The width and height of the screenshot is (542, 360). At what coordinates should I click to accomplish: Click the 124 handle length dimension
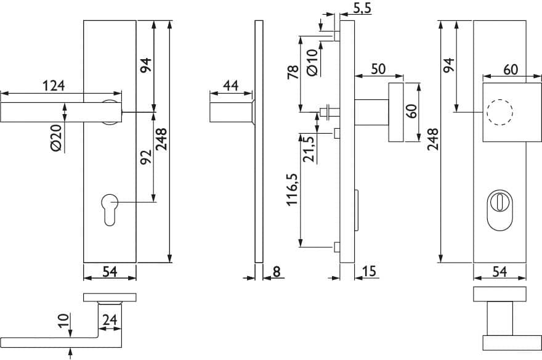53,86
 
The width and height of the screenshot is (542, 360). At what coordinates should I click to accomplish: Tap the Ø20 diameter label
56,137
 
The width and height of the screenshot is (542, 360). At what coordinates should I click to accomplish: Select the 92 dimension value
146,157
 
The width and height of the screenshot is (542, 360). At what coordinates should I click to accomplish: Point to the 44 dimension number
230,86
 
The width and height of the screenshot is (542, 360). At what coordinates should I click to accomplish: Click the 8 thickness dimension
277,272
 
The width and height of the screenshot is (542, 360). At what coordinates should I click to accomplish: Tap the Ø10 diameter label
312,62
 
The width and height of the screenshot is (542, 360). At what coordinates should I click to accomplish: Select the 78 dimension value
293,72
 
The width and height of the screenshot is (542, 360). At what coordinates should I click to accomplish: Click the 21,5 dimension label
309,149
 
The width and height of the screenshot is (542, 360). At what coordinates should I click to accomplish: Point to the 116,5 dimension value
292,189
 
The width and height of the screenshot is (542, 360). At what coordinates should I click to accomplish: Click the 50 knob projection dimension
378,69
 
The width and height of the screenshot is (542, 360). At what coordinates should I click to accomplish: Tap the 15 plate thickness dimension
369,271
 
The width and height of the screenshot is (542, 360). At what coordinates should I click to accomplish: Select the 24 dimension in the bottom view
110,319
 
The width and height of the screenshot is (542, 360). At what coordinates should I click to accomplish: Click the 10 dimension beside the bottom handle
63,321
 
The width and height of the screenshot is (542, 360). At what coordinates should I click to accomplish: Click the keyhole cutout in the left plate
110,210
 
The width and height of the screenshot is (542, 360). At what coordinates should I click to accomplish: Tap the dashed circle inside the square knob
500,112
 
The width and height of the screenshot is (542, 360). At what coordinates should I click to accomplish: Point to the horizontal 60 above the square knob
511,70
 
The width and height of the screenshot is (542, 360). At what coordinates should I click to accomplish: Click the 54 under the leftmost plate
110,272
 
